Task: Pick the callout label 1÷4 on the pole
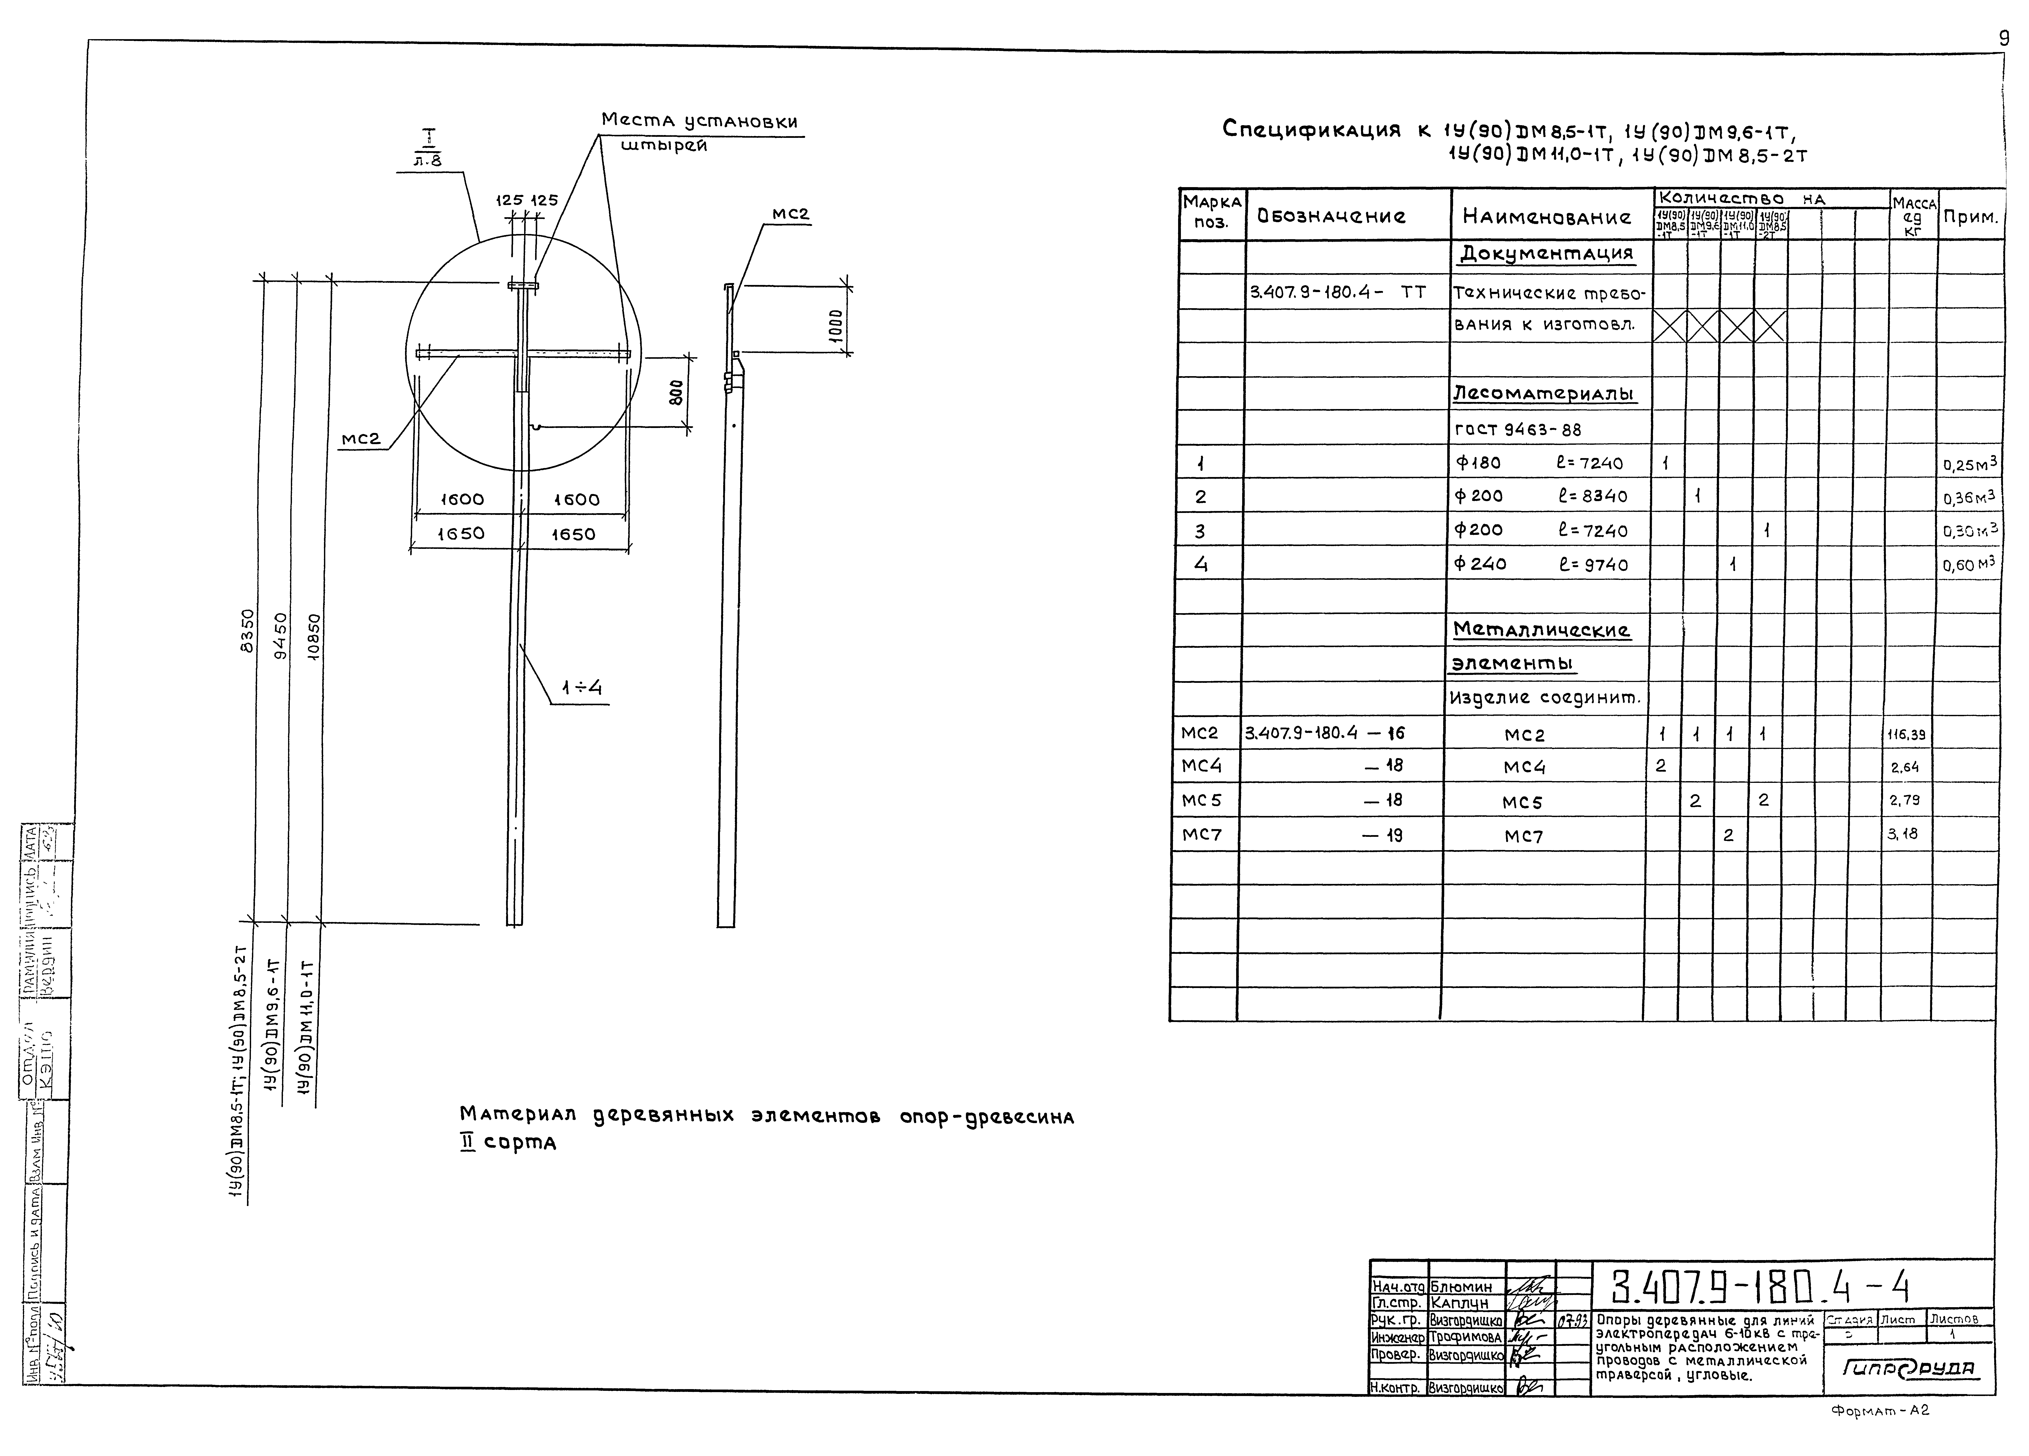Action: (x=582, y=687)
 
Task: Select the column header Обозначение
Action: (x=1331, y=217)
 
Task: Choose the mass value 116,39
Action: (x=1906, y=735)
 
